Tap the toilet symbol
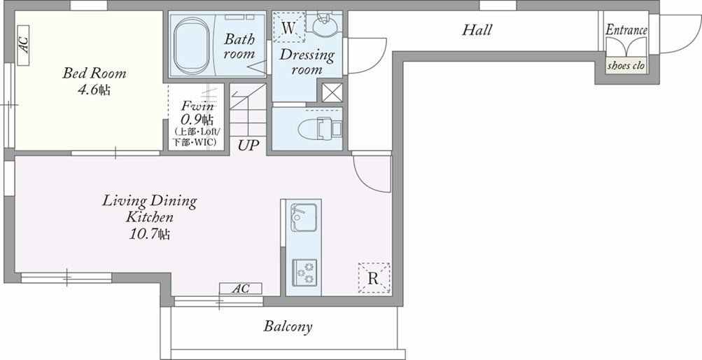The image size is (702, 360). (320, 128)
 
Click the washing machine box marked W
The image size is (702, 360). (289, 27)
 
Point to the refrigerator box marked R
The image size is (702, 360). (374, 278)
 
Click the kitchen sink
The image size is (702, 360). (304, 218)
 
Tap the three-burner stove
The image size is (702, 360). (304, 272)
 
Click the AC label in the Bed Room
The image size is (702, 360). (23, 45)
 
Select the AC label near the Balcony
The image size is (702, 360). (241, 289)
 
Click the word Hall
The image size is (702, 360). (477, 30)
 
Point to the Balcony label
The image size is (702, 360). (288, 326)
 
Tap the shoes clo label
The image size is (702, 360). (626, 65)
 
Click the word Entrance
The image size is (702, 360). (626, 30)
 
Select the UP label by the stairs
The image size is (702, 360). (249, 146)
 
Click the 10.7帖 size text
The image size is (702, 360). (150, 234)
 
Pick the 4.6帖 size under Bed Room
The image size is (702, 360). (94, 90)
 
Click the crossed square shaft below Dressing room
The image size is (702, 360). (332, 92)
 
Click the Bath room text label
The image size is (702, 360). (239, 46)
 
